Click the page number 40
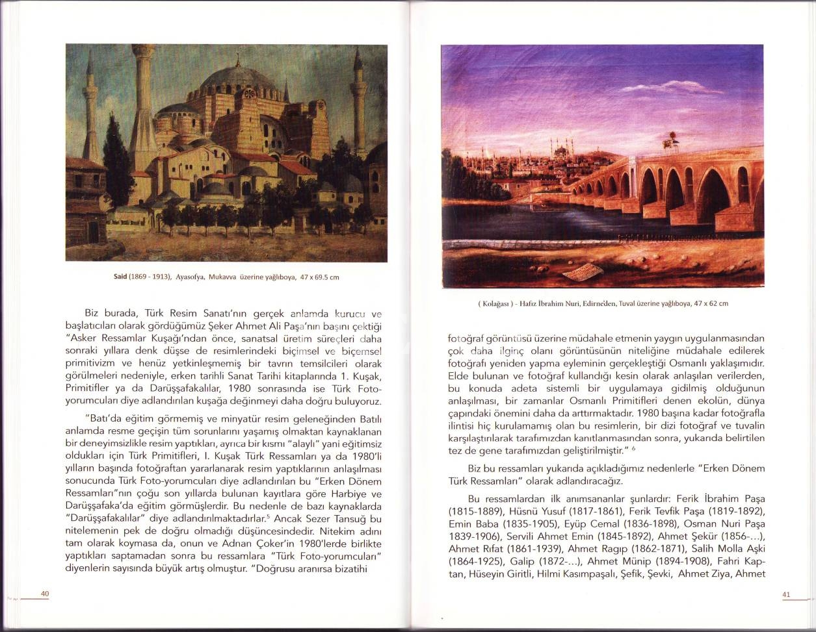tap(45, 594)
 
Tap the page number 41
tap(785, 594)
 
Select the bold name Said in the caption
tap(120, 277)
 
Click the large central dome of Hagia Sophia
tap(234, 85)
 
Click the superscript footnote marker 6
tap(633, 448)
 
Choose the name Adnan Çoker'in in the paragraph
tap(243, 543)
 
